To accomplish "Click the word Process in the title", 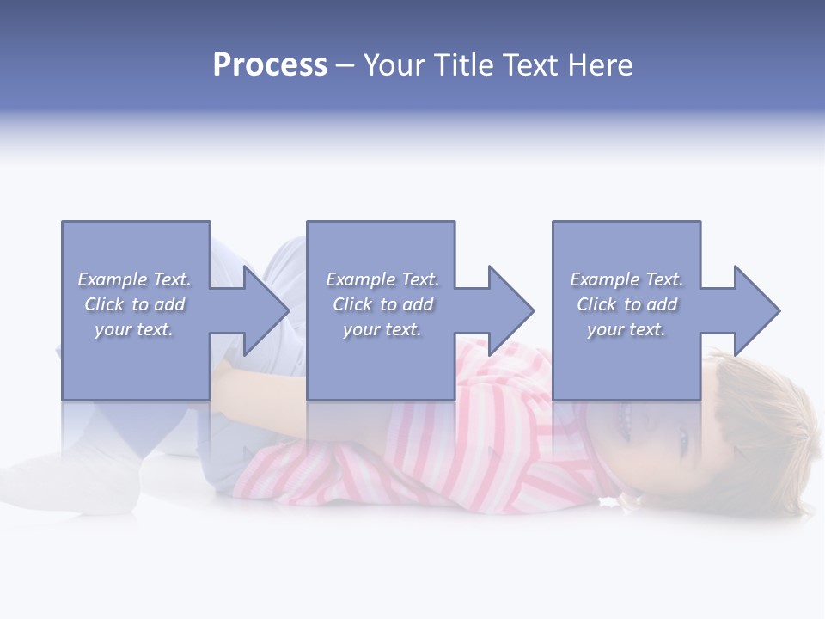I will [270, 65].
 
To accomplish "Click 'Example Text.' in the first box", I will [134, 279].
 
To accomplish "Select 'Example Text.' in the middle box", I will [382, 279].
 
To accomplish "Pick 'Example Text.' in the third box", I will [626, 279].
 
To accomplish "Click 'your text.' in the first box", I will [134, 329].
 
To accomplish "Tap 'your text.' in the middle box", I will [382, 329].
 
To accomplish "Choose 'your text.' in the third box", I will [626, 329].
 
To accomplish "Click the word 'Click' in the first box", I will [105, 304].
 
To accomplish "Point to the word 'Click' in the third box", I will [597, 304].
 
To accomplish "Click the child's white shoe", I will [69, 481].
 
